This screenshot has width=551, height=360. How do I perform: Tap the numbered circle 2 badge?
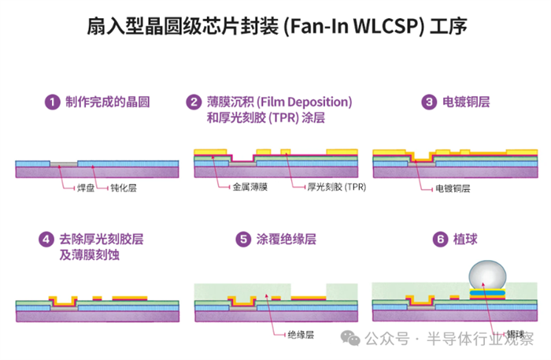click(194, 102)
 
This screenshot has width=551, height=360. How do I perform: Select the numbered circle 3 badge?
click(429, 102)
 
